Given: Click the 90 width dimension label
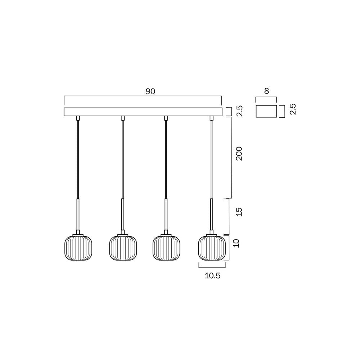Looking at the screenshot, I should [x=150, y=91].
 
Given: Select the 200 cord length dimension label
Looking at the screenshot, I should [x=239, y=154].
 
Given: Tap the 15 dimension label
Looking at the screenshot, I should [x=239, y=212].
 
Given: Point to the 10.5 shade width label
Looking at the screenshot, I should [x=212, y=276].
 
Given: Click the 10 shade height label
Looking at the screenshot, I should [x=237, y=243].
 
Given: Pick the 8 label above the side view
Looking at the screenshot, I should [x=266, y=91].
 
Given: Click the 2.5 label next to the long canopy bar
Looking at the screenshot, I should [x=240, y=111].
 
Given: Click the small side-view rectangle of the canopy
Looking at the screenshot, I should [x=266, y=111].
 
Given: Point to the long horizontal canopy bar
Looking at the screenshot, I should [x=143, y=112].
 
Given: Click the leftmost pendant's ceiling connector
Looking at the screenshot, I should [x=78, y=118].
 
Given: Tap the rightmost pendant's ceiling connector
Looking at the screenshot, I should [x=211, y=118].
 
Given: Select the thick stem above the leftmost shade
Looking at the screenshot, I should [x=78, y=214].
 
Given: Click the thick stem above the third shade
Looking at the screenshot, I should [x=166, y=214].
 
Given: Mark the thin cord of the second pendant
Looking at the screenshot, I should [x=122, y=158].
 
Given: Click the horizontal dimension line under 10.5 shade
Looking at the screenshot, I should [x=212, y=267].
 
